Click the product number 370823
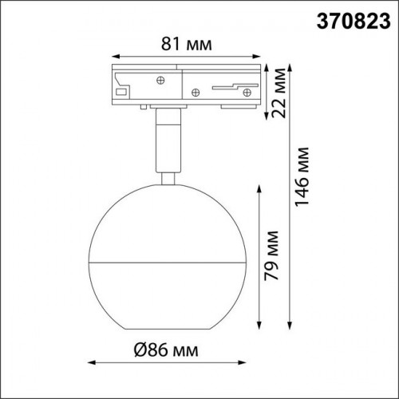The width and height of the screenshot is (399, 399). coord(354,21)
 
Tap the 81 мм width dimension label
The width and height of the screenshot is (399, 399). coord(187,44)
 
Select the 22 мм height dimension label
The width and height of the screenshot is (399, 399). coord(279,93)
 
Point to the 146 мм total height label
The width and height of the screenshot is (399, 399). coord(302,177)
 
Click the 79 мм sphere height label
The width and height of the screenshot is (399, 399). coord(271,255)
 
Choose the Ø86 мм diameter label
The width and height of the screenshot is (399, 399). coord(166,350)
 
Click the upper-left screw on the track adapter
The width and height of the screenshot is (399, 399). coord(160,80)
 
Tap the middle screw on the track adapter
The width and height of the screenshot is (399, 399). coord(196,93)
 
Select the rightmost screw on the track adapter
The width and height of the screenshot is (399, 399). coord(247,93)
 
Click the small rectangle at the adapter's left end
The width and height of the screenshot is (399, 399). coord(121,92)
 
